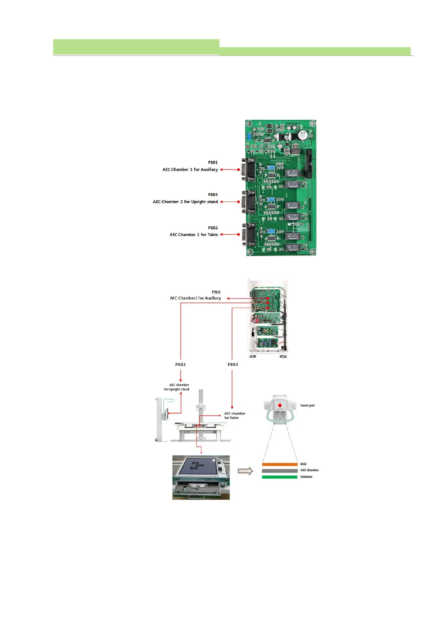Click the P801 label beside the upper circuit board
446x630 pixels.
coord(213,162)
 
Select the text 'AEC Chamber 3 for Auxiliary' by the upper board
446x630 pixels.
coord(190,169)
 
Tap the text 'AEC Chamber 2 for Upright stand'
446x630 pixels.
coord(185,202)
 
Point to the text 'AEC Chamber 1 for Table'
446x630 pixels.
coord(194,235)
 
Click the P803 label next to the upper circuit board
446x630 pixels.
coord(213,195)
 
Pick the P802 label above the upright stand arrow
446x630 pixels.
coord(180,364)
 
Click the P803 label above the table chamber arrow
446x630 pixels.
coord(233,364)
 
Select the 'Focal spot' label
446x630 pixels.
coord(307,406)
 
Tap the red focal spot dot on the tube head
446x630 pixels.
coord(280,405)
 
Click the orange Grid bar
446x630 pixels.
coord(280,464)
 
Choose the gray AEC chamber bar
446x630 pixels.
coord(280,471)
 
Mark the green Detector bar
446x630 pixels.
coord(280,477)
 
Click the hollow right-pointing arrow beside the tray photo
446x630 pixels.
coord(245,471)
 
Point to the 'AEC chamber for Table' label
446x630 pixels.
coord(234,416)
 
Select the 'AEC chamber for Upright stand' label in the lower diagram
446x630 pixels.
coord(176,387)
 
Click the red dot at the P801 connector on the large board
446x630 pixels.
coord(239,169)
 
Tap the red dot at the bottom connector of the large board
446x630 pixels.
coord(239,235)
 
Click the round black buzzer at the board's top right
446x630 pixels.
coord(302,135)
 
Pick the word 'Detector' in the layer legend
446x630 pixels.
coord(306,477)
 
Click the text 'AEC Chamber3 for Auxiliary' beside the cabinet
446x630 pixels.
coord(195,298)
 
